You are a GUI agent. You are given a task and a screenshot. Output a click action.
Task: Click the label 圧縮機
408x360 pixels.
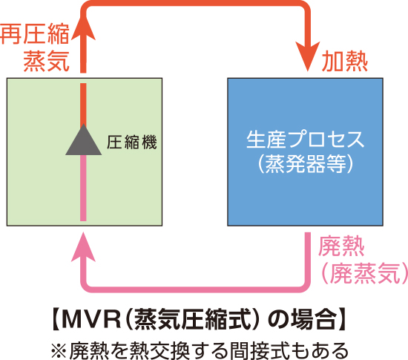(x=131, y=143)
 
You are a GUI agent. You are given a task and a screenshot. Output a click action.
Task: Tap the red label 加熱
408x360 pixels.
(x=344, y=62)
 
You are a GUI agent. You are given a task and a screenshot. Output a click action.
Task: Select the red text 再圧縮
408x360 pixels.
(x=35, y=33)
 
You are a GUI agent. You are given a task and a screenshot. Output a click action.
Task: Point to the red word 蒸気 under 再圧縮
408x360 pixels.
(x=46, y=61)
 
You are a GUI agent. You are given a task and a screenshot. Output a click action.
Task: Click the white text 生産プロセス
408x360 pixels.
(x=305, y=140)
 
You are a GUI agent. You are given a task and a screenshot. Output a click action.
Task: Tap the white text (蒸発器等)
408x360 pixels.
(x=306, y=164)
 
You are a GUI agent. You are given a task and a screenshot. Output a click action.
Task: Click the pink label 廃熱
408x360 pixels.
(x=341, y=246)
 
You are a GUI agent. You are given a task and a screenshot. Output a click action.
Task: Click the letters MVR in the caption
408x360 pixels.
(x=92, y=319)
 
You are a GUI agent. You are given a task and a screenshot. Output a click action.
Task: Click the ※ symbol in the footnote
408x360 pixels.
(x=59, y=350)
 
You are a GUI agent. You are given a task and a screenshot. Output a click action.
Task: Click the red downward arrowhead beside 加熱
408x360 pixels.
(x=308, y=56)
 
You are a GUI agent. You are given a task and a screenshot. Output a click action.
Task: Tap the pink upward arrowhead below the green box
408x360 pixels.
(x=83, y=246)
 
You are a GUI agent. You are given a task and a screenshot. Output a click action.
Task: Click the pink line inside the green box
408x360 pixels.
(x=83, y=188)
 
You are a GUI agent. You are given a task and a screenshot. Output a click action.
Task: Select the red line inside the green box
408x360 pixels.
(x=83, y=104)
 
